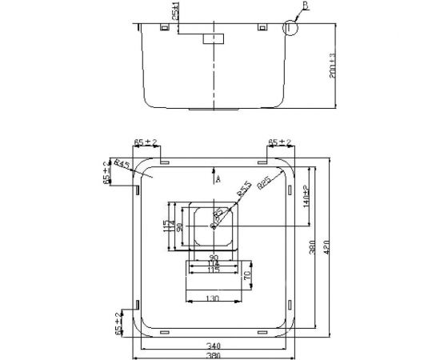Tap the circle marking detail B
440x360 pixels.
(x=289, y=28)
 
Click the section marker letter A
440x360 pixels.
(x=218, y=181)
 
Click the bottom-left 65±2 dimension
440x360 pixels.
(x=118, y=322)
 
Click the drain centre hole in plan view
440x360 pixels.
(x=214, y=226)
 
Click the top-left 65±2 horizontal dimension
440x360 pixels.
(x=145, y=142)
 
